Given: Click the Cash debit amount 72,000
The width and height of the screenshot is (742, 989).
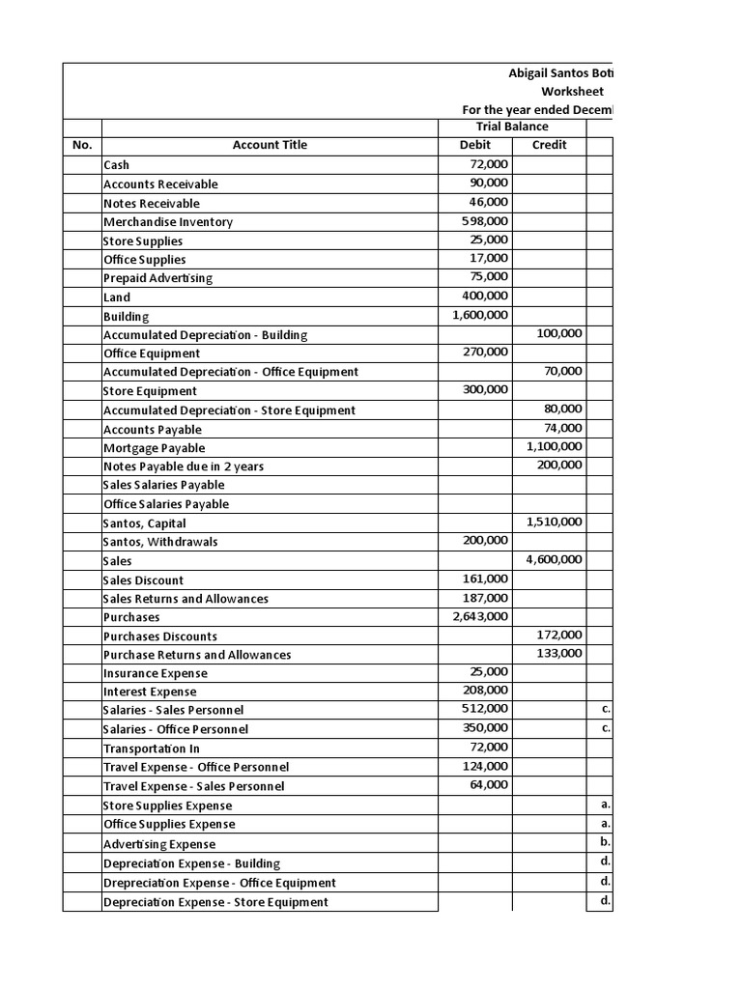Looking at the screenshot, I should (488, 164).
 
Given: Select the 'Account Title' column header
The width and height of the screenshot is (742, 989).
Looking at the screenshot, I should (270, 145).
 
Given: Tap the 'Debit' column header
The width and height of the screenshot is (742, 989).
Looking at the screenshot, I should (474, 145).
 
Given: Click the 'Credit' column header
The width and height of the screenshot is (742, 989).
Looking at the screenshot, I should (549, 145).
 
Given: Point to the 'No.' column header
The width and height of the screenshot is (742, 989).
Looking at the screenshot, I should (82, 145).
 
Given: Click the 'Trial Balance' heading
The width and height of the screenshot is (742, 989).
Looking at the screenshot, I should (512, 127).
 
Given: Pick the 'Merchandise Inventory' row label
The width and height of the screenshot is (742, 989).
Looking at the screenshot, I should (168, 221).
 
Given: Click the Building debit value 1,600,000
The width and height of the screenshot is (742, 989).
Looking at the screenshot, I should (480, 315).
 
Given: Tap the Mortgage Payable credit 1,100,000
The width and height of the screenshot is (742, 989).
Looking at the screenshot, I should (554, 446).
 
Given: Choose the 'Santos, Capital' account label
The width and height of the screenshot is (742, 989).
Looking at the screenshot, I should (145, 523).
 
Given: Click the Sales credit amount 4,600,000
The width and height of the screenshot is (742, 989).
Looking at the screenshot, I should (554, 559).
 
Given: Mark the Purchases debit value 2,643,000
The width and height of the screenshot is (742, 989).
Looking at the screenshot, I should (480, 616).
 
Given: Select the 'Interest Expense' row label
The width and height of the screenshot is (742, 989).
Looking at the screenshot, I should (150, 692).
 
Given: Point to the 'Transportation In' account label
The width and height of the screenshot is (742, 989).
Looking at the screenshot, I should (152, 749).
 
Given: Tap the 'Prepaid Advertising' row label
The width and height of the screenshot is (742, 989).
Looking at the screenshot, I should (157, 278).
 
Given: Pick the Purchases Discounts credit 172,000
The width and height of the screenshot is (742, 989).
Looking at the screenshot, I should (559, 635).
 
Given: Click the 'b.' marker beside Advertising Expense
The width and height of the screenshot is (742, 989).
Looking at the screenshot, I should (605, 843).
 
